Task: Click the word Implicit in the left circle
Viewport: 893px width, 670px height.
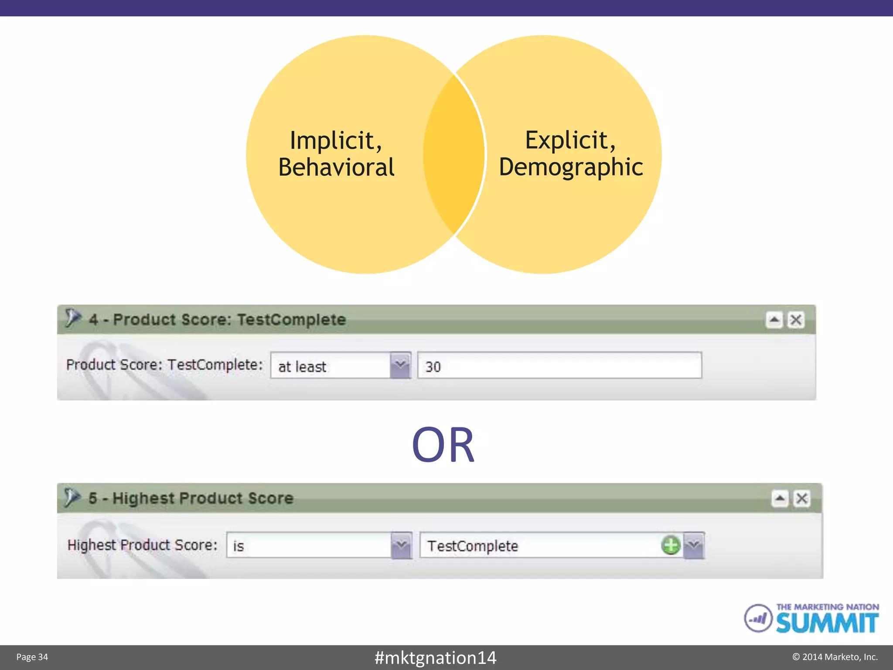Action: coord(336,141)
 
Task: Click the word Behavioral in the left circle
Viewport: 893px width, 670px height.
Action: coord(336,167)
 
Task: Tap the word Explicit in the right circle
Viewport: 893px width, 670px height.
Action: coord(570,140)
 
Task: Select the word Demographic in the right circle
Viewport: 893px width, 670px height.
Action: coord(571,167)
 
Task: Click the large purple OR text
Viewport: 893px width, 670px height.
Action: coord(443,445)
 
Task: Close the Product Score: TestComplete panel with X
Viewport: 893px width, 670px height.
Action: coord(796,320)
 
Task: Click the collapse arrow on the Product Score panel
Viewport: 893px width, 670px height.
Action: coord(774,320)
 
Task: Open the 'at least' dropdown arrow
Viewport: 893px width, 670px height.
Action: coord(400,366)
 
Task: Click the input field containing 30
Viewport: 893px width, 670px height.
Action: coord(559,366)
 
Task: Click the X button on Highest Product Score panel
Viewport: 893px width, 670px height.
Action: coord(802,499)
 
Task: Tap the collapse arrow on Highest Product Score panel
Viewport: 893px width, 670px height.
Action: coord(780,499)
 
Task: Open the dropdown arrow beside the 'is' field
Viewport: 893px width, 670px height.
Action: coord(401,545)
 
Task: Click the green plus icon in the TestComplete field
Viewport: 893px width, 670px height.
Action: coord(671,545)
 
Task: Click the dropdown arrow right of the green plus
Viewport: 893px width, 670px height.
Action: coord(694,545)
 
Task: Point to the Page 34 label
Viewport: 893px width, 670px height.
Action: coord(32,657)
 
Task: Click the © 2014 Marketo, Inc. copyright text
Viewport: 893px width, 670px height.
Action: coord(835,657)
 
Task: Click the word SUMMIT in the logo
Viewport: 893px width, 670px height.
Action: coord(827,623)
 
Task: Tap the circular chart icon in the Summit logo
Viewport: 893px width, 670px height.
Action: coord(758,618)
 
